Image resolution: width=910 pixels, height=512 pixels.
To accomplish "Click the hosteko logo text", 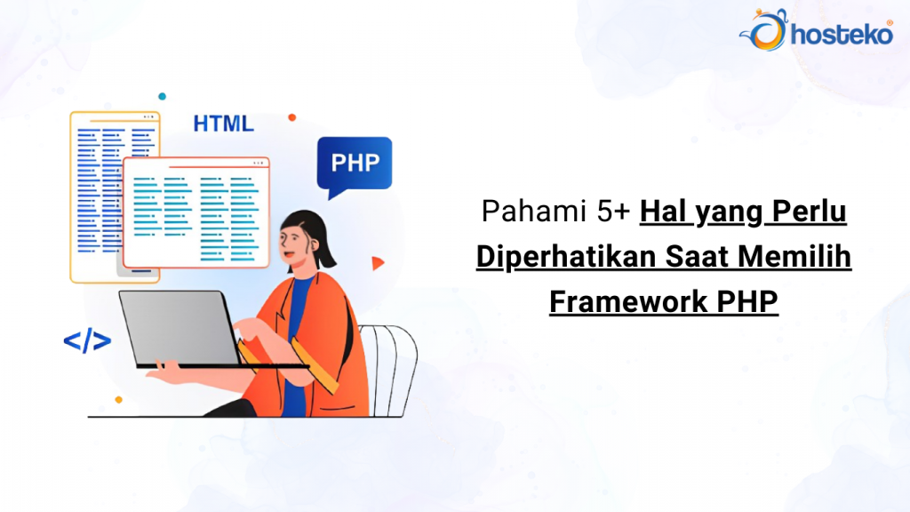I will tap(830, 35).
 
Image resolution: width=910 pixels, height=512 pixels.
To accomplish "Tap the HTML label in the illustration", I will tap(223, 124).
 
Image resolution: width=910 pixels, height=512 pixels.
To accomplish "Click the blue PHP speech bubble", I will tap(354, 164).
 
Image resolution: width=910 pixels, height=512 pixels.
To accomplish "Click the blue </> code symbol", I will tap(87, 340).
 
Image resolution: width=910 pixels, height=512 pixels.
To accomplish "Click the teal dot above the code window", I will tap(162, 96).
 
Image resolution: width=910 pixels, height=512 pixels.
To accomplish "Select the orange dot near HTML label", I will tap(291, 116).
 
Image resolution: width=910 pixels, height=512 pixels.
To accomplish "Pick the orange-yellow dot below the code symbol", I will tap(118, 400).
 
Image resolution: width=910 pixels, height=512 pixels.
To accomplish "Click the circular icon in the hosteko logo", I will tap(762, 31).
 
